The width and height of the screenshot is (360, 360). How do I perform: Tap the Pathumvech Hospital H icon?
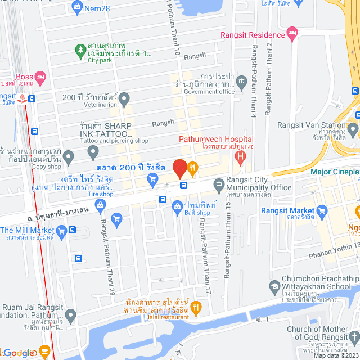click(x=240, y=153)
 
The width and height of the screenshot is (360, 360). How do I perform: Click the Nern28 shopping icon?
click(x=78, y=6)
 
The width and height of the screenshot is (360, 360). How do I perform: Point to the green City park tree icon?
click(x=81, y=49)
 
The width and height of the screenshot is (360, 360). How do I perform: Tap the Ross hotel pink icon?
click(x=39, y=76)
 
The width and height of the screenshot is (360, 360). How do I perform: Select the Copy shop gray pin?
click(x=69, y=156)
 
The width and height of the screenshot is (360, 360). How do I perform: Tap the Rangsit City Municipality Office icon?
click(x=218, y=183)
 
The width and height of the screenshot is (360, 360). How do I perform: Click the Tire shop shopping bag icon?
click(x=100, y=205)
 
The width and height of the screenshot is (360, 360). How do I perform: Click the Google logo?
click(x=18, y=353)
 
